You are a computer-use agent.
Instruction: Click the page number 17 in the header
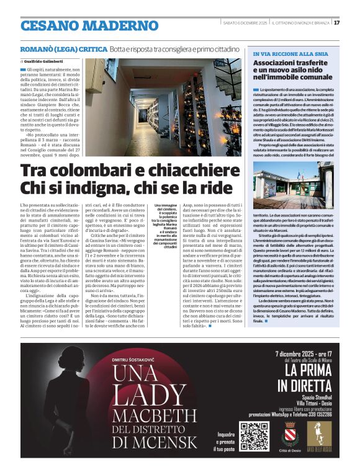[x=336, y=23]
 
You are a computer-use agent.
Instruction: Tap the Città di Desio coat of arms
[x=290, y=433]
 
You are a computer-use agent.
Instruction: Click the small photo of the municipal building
[x=294, y=185]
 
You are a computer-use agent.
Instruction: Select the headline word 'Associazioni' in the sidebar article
[x=279, y=64]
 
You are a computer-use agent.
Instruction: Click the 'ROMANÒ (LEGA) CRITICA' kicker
[x=64, y=48]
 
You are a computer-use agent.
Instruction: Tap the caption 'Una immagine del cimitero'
[x=165, y=208]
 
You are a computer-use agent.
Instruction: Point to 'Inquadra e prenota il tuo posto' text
[x=227, y=441]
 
